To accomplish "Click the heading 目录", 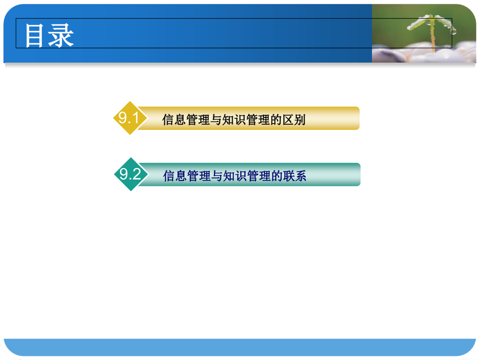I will click(x=50, y=36).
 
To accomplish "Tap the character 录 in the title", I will click(x=62, y=36).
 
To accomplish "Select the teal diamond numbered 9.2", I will click(x=129, y=174).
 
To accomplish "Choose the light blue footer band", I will click(x=240, y=347).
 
